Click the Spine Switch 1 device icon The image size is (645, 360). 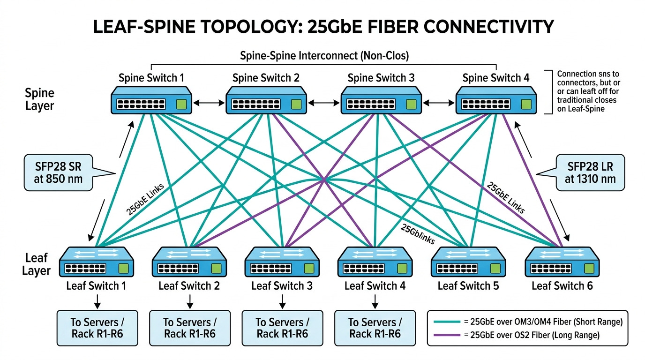pyautogui.click(x=151, y=100)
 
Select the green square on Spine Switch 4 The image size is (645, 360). pyautogui.click(x=526, y=104)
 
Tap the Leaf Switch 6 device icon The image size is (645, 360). pyautogui.click(x=562, y=262)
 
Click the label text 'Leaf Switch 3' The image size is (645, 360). pyautogui.click(x=282, y=285)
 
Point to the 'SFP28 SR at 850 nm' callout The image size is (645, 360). pyautogui.click(x=58, y=172)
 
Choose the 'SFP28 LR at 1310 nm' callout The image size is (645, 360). pyautogui.click(x=590, y=172)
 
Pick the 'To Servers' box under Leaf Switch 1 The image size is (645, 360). pyautogui.click(x=97, y=328)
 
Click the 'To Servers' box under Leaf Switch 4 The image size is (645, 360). pyautogui.click(x=375, y=328)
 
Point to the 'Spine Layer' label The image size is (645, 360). pyautogui.click(x=40, y=99)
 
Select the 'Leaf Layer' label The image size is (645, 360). pyautogui.click(x=37, y=264)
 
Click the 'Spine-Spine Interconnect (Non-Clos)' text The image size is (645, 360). pyautogui.click(x=324, y=56)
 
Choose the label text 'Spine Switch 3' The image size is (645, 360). pyautogui.click(x=381, y=78)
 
